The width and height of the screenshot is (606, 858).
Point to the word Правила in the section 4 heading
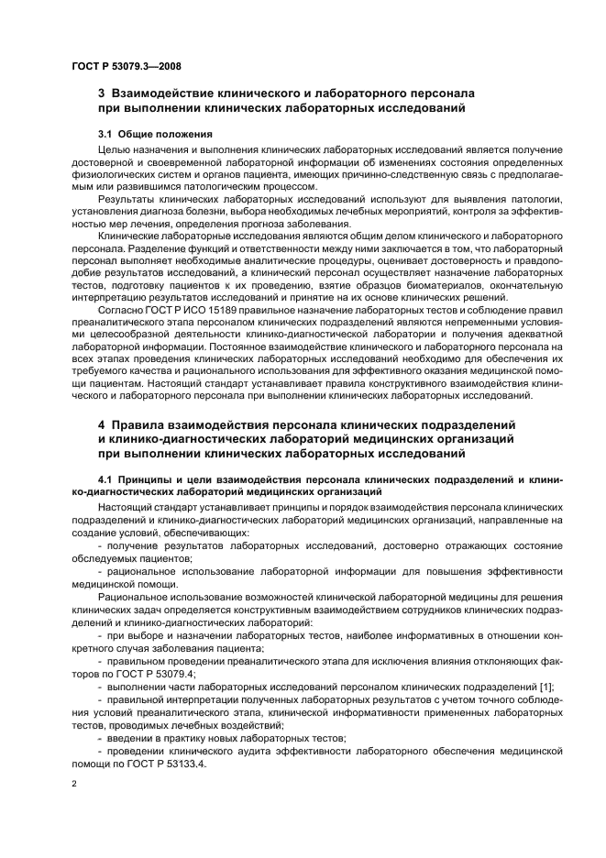[x=143, y=424]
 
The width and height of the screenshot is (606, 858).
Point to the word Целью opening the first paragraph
[x=115, y=148]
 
